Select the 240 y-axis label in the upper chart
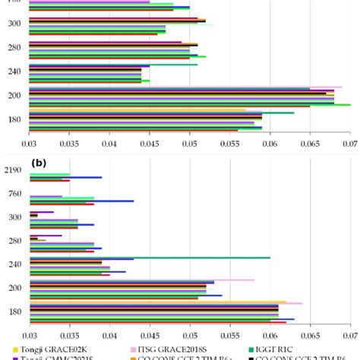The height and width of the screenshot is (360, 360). click(x=14, y=71)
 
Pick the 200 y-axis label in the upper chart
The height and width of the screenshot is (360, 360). click(x=14, y=96)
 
